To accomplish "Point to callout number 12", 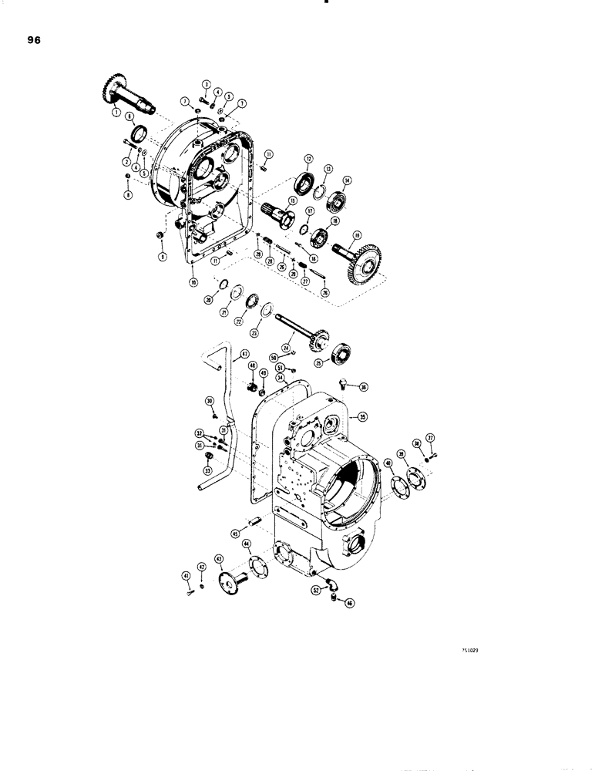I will (x=307, y=160).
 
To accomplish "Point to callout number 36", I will (x=362, y=388).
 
